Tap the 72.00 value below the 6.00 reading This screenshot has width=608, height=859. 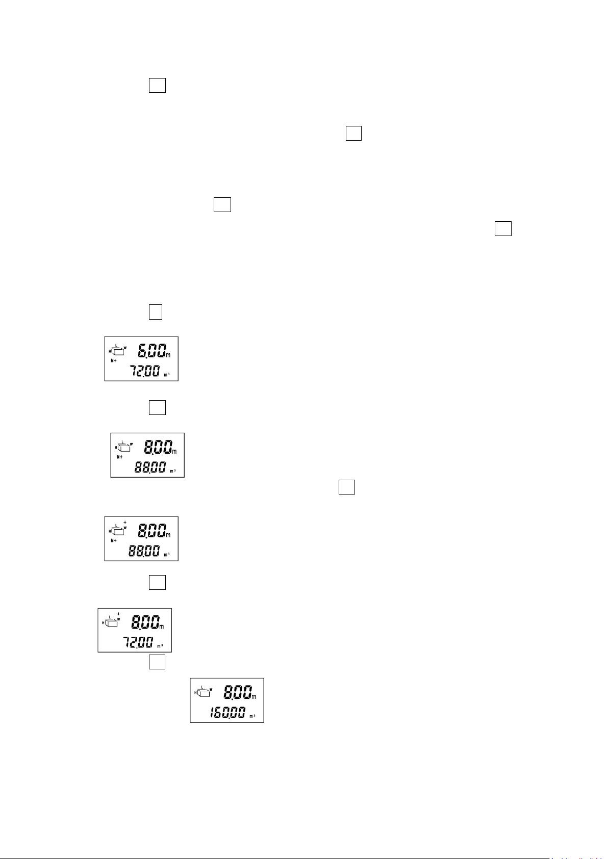point(144,372)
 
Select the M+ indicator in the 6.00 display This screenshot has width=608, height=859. point(114,360)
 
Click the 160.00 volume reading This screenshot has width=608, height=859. point(227,713)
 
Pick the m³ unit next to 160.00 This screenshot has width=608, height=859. point(252,716)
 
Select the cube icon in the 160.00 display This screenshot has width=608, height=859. point(204,692)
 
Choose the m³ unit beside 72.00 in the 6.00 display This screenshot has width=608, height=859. point(167,375)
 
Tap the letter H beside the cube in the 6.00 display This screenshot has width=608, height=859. point(110,351)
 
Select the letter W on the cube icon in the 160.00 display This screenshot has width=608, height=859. point(211,689)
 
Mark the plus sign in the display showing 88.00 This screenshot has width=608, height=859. point(125,523)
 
